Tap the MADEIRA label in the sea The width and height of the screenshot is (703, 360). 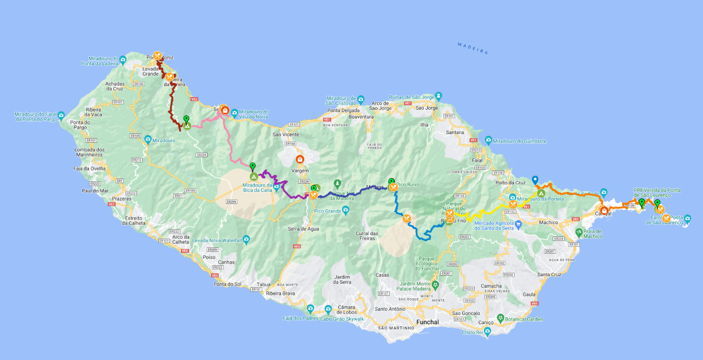[472, 49]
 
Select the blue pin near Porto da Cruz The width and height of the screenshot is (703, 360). [535, 180]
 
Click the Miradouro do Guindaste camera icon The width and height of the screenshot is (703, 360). [489, 140]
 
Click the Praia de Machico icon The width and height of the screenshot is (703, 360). [579, 232]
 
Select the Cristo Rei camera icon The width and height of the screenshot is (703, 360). [487, 332]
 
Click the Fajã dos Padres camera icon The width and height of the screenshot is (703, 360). [310, 308]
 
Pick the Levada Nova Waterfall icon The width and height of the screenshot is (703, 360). [246, 239]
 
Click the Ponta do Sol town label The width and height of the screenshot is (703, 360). [227, 284]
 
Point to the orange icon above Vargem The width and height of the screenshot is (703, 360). [299, 159]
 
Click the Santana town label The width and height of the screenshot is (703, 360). [455, 132]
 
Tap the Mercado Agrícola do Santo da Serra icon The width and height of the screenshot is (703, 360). [519, 224]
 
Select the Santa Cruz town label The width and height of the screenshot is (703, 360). [549, 274]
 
